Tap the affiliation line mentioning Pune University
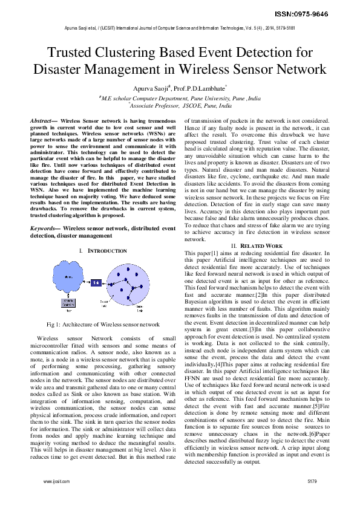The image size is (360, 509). [180, 97]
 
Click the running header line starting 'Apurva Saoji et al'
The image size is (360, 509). [180, 28]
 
